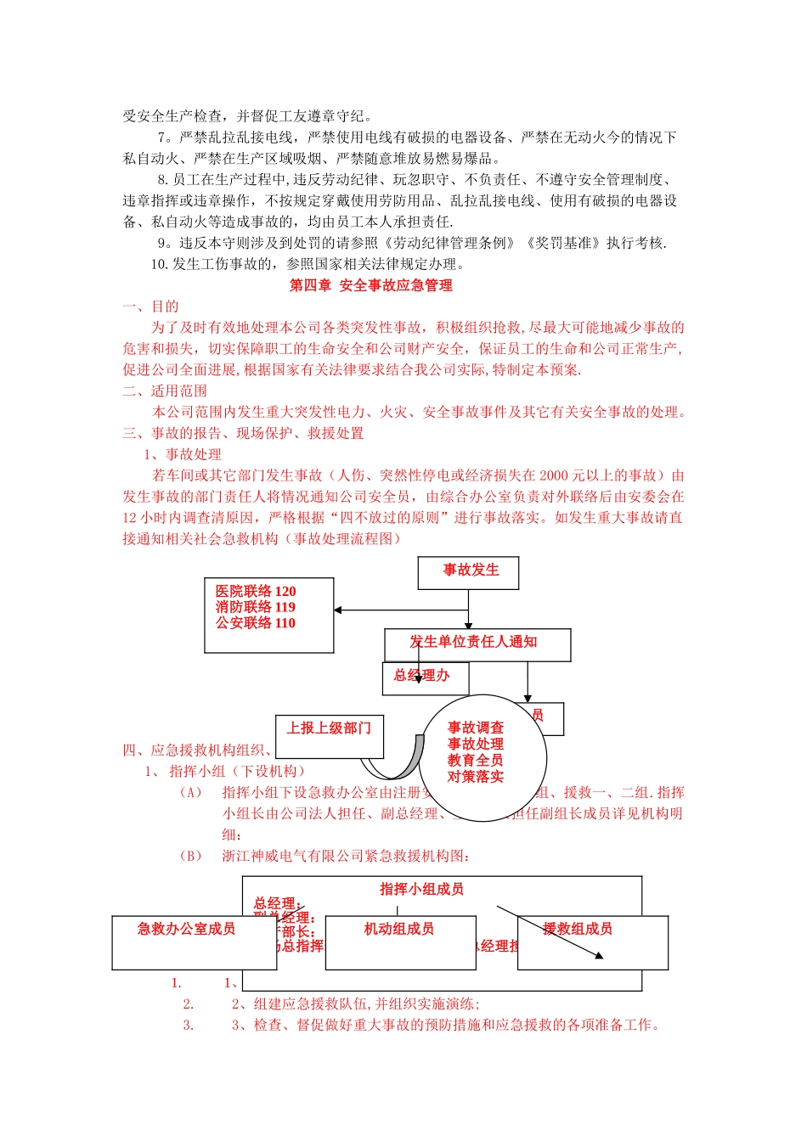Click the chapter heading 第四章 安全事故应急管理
point(370,285)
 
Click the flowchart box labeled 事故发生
point(468,571)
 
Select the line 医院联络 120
point(256,591)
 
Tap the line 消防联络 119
point(256,607)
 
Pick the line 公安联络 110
point(256,623)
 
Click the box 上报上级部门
point(329,728)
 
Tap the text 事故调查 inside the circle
point(476,728)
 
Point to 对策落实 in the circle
point(476,776)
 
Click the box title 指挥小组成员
point(421,889)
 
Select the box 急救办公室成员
point(187,930)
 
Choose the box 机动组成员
point(399,930)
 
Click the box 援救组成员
point(578,930)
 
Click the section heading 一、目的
point(150,306)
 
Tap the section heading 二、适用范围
point(165,391)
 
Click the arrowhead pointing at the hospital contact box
point(338,610)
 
